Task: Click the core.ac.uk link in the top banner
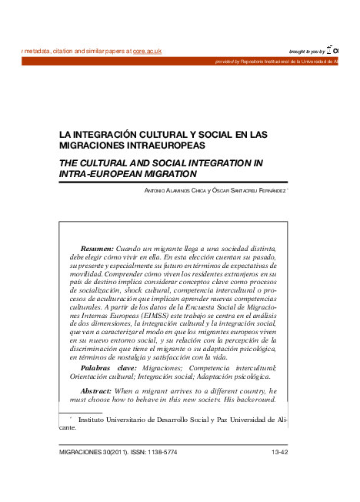tap(147, 51)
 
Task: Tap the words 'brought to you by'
tap(306, 51)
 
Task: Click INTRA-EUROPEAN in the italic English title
tap(99, 175)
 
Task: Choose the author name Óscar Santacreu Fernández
tap(249, 190)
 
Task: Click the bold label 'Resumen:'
tap(97, 250)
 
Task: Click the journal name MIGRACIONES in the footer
tap(82, 453)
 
